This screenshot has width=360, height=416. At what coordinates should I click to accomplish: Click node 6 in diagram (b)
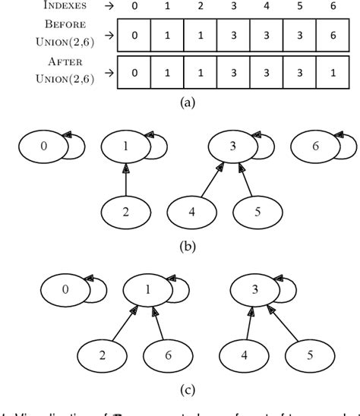[x=315, y=146]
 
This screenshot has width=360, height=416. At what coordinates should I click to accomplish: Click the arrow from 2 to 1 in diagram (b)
[x=127, y=178]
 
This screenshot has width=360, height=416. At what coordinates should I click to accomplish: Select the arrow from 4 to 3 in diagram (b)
[x=205, y=179]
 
